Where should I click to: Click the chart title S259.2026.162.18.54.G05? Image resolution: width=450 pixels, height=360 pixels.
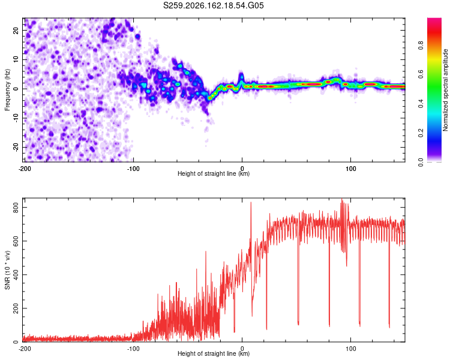pyautogui.click(x=213, y=5)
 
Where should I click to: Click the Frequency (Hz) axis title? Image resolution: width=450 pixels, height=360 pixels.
pyautogui.click(x=7, y=90)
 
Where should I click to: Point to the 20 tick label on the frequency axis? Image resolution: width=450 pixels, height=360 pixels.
pyautogui.click(x=16, y=30)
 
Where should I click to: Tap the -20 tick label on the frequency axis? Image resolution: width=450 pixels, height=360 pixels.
pyautogui.click(x=16, y=148)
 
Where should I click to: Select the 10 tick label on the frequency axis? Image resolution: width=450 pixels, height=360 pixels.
pyautogui.click(x=16, y=59)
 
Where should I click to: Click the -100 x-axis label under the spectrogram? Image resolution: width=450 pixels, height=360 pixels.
pyautogui.click(x=133, y=169)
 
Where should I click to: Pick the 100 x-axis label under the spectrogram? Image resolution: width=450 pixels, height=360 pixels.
pyautogui.click(x=351, y=169)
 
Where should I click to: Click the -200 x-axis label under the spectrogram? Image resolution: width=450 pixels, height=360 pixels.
pyautogui.click(x=25, y=169)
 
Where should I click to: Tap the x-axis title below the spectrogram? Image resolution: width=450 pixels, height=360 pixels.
pyautogui.click(x=214, y=173)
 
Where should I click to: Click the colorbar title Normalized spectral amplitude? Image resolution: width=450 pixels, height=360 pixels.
pyautogui.click(x=445, y=90)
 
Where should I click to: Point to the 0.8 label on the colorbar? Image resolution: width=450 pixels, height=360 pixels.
pyautogui.click(x=421, y=46)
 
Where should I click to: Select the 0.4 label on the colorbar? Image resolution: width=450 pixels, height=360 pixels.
pyautogui.click(x=421, y=104)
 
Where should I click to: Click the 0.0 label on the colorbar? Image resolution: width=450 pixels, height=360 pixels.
pyautogui.click(x=421, y=162)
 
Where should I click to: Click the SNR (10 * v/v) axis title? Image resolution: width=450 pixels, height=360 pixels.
pyautogui.click(x=7, y=270)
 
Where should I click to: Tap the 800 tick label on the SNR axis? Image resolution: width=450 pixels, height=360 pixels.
pyautogui.click(x=16, y=207)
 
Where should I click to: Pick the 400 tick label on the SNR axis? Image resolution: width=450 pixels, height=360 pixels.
pyautogui.click(x=16, y=275)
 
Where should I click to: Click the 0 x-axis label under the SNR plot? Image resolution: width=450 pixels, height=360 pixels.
pyautogui.click(x=242, y=349)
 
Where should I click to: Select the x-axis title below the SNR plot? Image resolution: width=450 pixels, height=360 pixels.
pyautogui.click(x=214, y=353)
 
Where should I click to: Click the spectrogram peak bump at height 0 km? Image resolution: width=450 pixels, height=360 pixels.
pyautogui.click(x=242, y=77)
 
